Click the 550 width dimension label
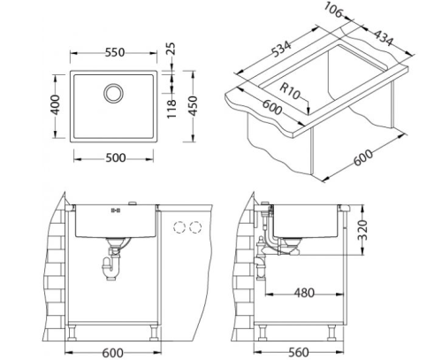point(115,52)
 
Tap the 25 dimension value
point(171,49)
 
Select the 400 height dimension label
point(55,104)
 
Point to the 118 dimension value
point(171,109)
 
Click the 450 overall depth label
point(193,106)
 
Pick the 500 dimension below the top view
point(116,158)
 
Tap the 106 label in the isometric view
point(333,10)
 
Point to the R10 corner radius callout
point(290,91)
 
